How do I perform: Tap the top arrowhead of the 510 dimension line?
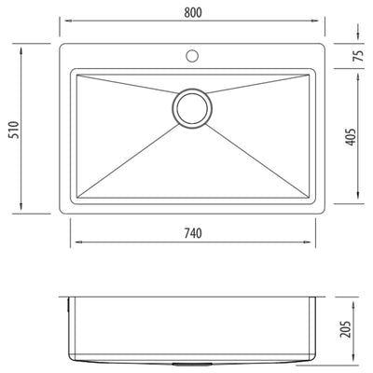click(x=23, y=43)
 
